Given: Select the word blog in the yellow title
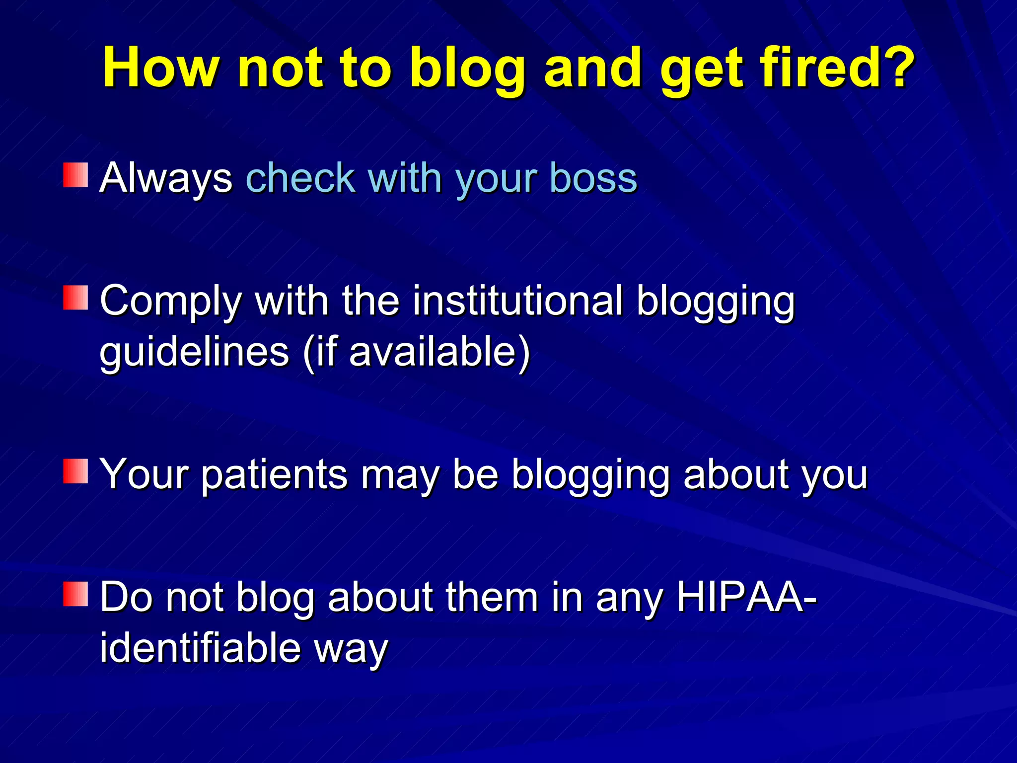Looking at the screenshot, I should tap(467, 70).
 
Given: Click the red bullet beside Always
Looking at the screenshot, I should tap(75, 175).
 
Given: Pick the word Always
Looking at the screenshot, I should tap(166, 179).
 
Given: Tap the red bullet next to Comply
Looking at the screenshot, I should tap(75, 298).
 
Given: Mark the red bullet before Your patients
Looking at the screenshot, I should tap(75, 471).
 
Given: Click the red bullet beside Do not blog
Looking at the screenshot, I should tap(75, 595).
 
